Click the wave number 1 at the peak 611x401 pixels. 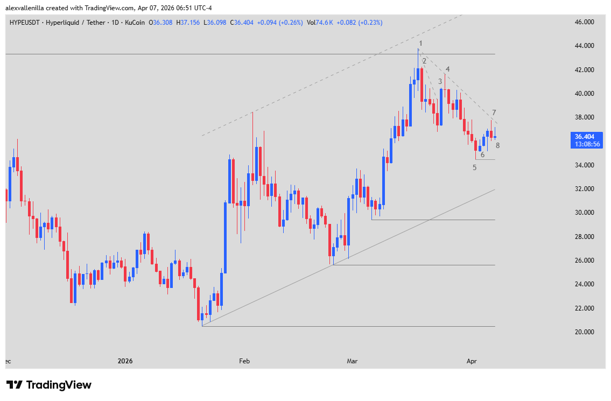[420, 43]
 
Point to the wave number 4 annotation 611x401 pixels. [447, 69]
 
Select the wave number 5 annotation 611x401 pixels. [474, 167]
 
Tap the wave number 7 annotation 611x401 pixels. [494, 112]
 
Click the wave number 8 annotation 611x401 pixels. [497, 145]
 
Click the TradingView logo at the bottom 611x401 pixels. [49, 385]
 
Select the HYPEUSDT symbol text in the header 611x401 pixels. [24, 23]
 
